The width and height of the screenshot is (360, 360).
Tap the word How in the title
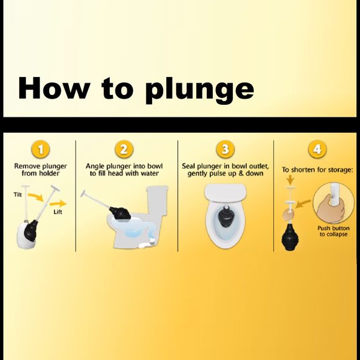(54, 88)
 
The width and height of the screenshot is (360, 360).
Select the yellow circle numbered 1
(40, 150)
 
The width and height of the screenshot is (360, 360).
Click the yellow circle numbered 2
(124, 150)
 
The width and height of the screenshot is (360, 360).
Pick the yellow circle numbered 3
(225, 150)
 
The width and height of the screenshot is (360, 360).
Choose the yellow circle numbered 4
(317, 150)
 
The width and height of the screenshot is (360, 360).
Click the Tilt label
(17, 195)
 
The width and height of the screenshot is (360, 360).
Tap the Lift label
(58, 212)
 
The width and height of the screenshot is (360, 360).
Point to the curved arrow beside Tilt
(37, 197)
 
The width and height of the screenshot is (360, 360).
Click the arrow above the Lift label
(58, 204)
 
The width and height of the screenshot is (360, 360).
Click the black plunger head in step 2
(120, 214)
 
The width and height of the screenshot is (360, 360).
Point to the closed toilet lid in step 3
(225, 193)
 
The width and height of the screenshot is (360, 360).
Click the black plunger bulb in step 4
(290, 237)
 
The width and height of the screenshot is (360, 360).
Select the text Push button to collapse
(333, 231)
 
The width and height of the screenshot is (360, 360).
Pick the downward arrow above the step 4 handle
(290, 180)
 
